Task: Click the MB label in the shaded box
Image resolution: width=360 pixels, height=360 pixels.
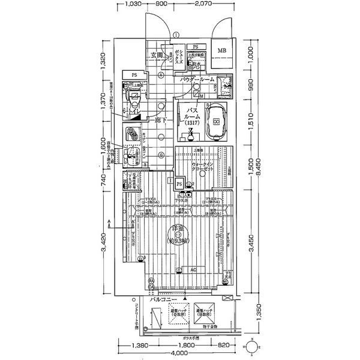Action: (222, 50)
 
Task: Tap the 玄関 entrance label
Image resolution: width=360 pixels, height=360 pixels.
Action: (156, 57)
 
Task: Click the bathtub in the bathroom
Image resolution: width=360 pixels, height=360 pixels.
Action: (216, 121)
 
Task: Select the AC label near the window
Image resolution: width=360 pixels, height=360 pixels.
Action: (193, 269)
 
